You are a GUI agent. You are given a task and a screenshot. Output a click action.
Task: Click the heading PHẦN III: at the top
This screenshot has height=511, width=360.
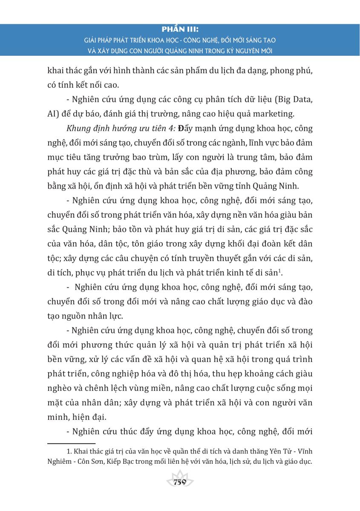tap(180, 30)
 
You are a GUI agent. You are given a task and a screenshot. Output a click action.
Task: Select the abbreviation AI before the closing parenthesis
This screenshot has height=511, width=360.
tap(52, 114)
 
